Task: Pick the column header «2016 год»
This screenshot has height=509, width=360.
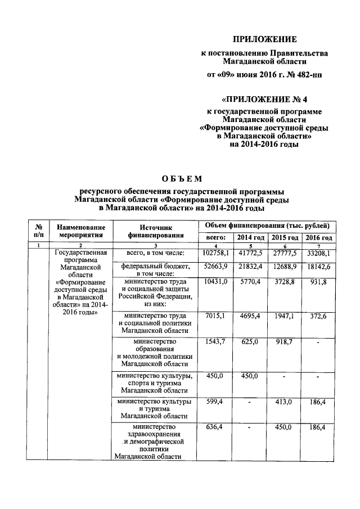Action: point(318,238)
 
